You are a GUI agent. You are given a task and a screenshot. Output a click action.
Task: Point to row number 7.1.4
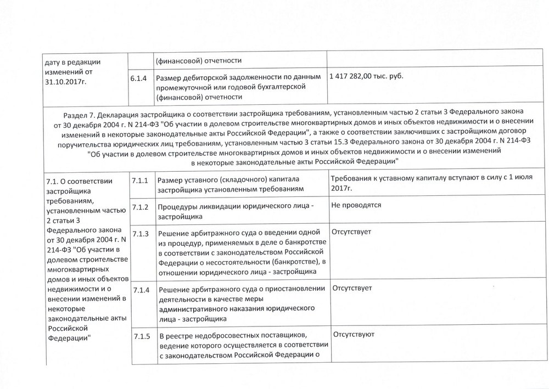141,289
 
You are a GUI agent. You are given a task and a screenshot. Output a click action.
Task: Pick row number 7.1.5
141,335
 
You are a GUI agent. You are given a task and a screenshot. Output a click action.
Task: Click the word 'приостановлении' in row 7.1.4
296,289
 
